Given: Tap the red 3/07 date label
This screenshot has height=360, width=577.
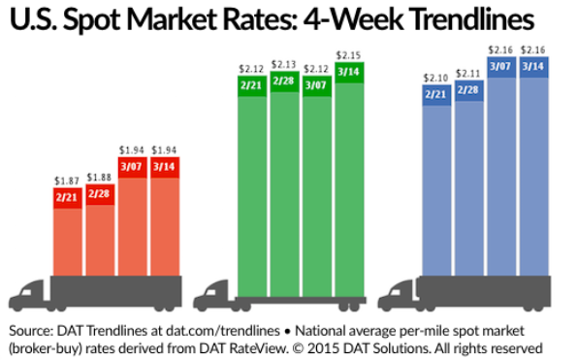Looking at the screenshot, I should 132,167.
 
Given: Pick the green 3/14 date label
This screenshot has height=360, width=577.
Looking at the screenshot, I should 348,71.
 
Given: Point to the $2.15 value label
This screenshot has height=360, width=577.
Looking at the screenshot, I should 348,55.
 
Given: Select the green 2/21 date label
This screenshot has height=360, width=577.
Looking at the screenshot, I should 252,84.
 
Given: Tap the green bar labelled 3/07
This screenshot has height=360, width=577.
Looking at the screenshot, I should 316,184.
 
